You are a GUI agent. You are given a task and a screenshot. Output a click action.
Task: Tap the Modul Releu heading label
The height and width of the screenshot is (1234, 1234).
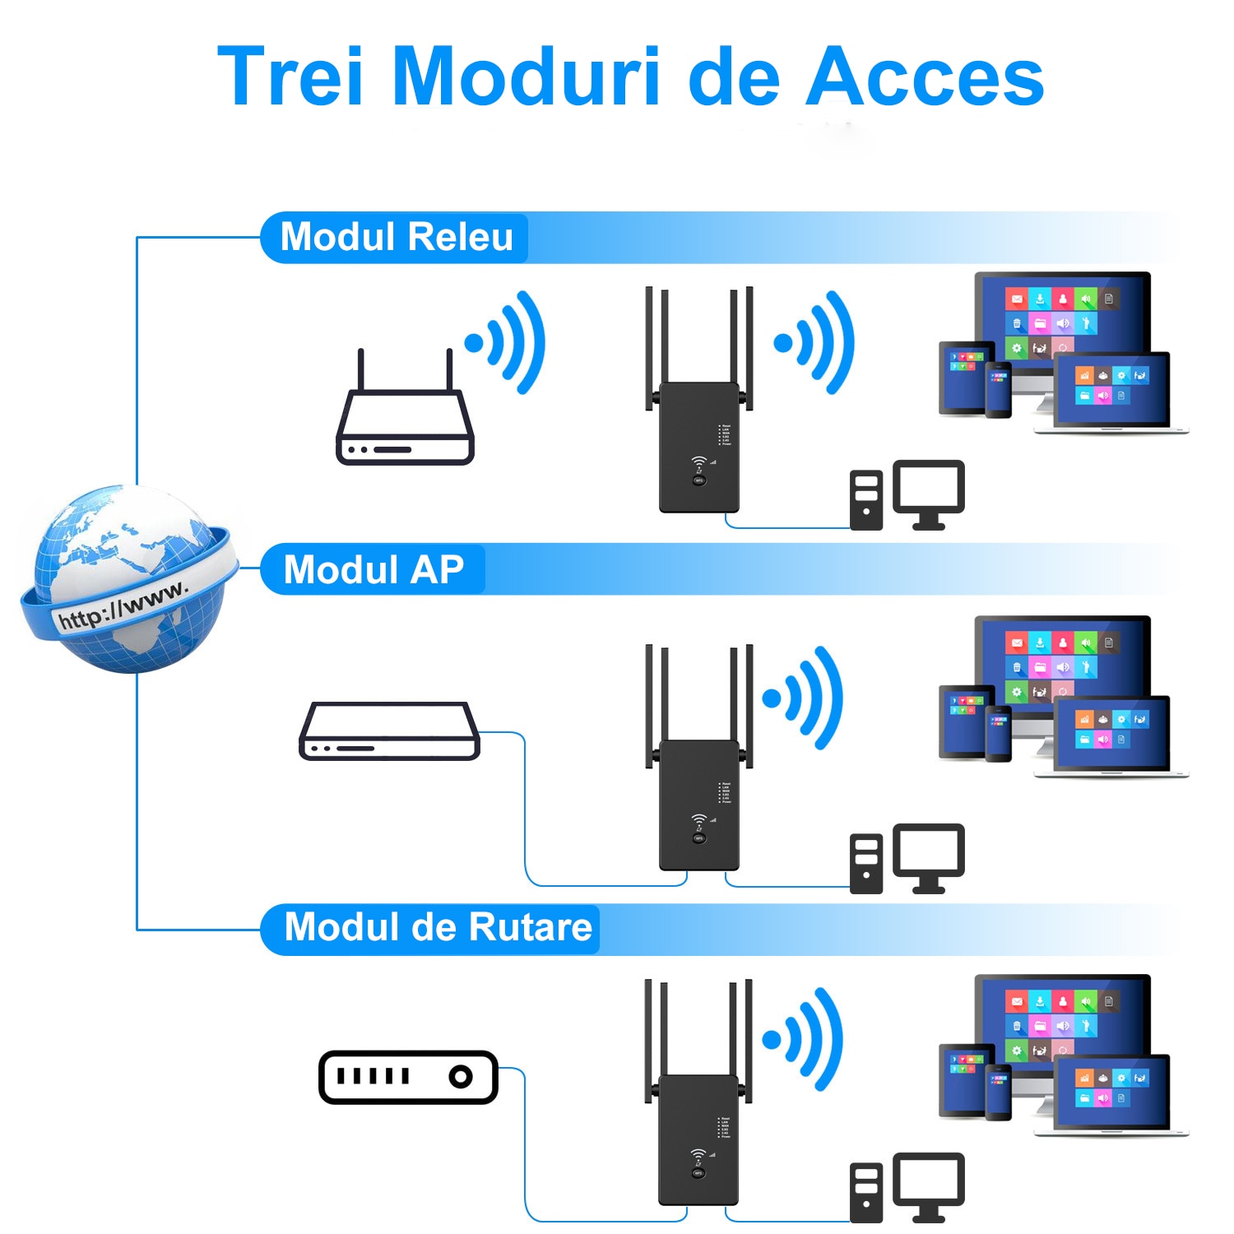point(396,237)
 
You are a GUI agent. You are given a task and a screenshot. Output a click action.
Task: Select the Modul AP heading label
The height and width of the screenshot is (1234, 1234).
point(373,569)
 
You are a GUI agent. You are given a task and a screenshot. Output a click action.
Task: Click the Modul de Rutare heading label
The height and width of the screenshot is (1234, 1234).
point(437,927)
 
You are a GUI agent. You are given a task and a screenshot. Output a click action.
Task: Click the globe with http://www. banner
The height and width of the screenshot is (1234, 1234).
point(128,580)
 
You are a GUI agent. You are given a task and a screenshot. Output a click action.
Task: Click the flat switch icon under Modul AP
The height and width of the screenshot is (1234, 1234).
point(389,731)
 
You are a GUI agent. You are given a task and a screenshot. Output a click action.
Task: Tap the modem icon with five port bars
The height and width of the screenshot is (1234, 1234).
point(408,1076)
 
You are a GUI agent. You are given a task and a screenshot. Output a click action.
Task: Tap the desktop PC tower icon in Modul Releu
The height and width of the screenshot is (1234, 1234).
point(865,500)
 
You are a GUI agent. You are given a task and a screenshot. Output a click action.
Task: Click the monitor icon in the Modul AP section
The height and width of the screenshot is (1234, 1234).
point(929,856)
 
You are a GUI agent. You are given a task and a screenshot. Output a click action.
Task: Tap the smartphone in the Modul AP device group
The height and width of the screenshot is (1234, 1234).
point(998,733)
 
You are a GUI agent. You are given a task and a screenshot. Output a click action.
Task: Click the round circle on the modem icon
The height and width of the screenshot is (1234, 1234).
point(461,1076)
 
